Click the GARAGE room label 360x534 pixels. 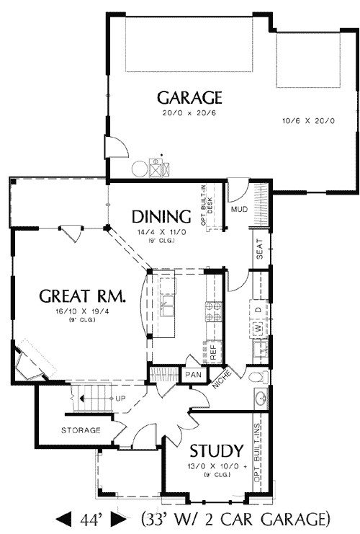(x=190, y=97)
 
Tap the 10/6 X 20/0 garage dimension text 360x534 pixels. (x=308, y=120)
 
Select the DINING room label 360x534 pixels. (x=161, y=217)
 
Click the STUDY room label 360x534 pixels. (x=215, y=452)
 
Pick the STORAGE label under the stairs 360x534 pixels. (x=81, y=430)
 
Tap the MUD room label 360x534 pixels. (x=239, y=210)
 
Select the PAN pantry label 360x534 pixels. (x=193, y=375)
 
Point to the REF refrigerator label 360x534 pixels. (x=214, y=351)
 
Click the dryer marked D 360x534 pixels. (x=257, y=310)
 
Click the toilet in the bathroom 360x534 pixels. (x=257, y=377)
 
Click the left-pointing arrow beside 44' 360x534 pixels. (x=63, y=518)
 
